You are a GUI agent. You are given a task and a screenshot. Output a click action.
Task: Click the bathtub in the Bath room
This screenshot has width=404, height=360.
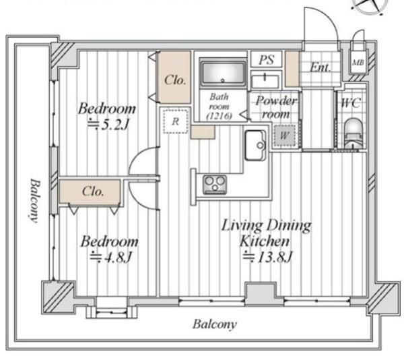[223, 73]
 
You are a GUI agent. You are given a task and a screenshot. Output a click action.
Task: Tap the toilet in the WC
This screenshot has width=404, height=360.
[353, 133]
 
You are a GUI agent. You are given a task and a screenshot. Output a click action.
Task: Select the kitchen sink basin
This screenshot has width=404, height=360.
[255, 145]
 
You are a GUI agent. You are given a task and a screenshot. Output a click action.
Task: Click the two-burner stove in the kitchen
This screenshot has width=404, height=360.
[215, 185]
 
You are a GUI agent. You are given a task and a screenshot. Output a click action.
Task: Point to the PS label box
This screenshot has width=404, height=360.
[267, 59]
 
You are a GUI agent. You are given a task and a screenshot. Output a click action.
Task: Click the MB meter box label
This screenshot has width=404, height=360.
[358, 63]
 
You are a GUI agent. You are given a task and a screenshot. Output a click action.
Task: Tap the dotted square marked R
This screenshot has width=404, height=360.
[176, 121]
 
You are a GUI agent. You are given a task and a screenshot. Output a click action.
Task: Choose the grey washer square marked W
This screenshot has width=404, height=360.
[284, 136]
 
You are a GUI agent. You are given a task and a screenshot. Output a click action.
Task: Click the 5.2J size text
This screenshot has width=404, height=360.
[108, 125]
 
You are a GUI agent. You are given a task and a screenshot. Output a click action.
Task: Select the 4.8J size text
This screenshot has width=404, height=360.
[111, 257]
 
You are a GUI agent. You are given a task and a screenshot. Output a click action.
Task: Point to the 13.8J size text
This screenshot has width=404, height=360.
[268, 257]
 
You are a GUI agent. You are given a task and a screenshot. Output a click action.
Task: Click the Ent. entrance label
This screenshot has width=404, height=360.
[321, 67]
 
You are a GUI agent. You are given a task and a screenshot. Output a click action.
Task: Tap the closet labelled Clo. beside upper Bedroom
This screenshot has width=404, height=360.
[174, 78]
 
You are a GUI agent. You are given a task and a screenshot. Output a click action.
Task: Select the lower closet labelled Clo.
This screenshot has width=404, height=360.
[90, 191]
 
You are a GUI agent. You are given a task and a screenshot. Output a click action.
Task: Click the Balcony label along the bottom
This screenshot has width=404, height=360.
[215, 324]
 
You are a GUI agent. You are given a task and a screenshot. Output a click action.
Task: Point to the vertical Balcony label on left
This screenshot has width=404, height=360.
[35, 200]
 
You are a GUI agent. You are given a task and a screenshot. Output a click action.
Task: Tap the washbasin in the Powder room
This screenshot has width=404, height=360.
[265, 81]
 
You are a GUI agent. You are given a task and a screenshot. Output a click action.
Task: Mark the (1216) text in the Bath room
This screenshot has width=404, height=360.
[219, 116]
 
